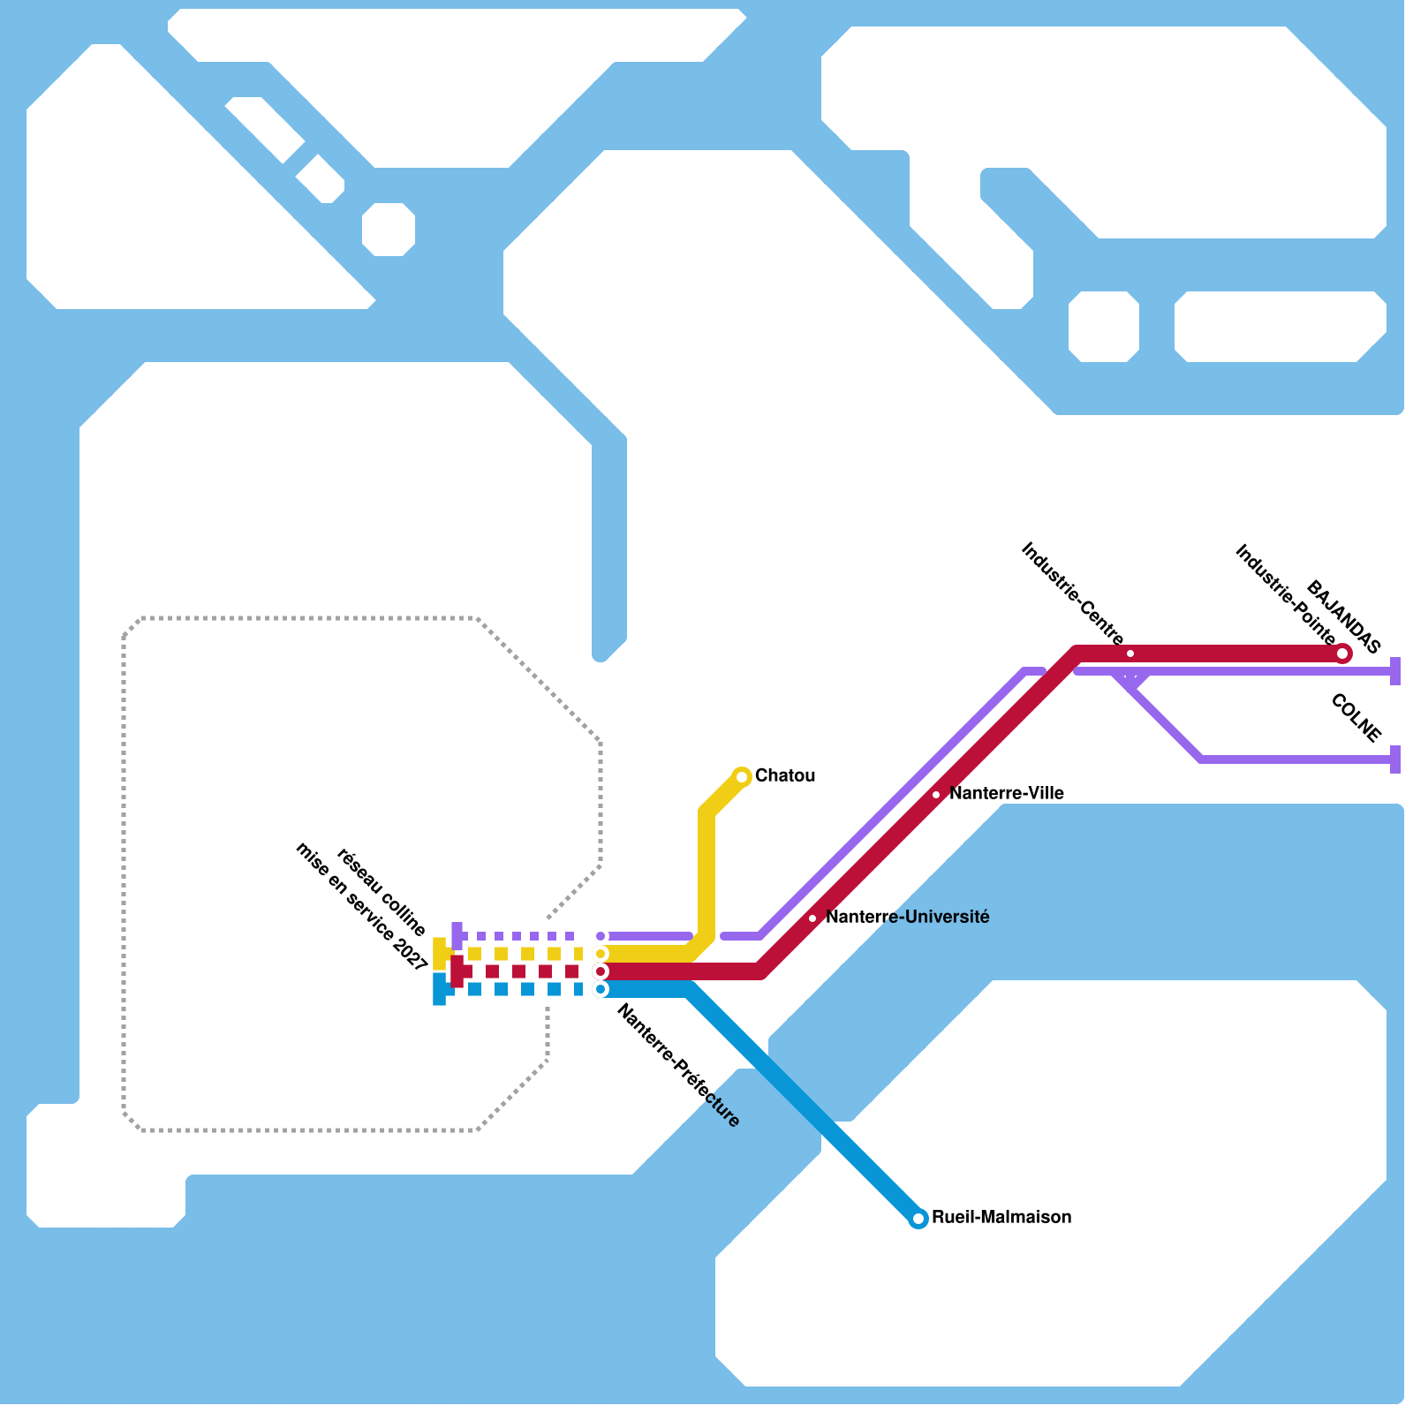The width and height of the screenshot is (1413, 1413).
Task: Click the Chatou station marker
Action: (742, 777)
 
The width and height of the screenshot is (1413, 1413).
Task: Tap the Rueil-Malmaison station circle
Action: (918, 1219)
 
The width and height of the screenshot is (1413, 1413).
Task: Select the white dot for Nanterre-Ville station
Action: (936, 795)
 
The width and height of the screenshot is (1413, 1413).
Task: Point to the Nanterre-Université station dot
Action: (812, 918)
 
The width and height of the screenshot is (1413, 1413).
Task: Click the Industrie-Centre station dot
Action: (1130, 654)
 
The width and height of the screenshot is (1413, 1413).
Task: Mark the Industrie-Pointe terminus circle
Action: (1342, 654)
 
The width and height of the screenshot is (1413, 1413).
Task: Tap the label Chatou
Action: (785, 775)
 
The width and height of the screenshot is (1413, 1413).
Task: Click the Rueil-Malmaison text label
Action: (1001, 1217)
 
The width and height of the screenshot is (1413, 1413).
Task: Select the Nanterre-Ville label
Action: (1006, 793)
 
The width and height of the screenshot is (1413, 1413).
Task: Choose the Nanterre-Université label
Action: (907, 917)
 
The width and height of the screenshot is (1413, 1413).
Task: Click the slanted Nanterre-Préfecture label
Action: (677, 1066)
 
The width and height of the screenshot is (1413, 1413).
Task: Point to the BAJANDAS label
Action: (1343, 616)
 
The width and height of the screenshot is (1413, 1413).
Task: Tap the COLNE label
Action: (1355, 718)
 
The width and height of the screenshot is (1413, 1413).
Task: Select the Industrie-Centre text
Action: (1072, 593)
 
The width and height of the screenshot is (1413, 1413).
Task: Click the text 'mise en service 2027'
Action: (361, 907)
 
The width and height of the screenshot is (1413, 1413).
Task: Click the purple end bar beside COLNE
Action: (1395, 759)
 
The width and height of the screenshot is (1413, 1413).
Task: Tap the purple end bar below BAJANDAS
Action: (1395, 671)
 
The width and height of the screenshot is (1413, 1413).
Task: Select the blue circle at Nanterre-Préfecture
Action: (601, 989)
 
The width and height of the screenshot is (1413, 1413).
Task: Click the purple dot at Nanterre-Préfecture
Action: (601, 936)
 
